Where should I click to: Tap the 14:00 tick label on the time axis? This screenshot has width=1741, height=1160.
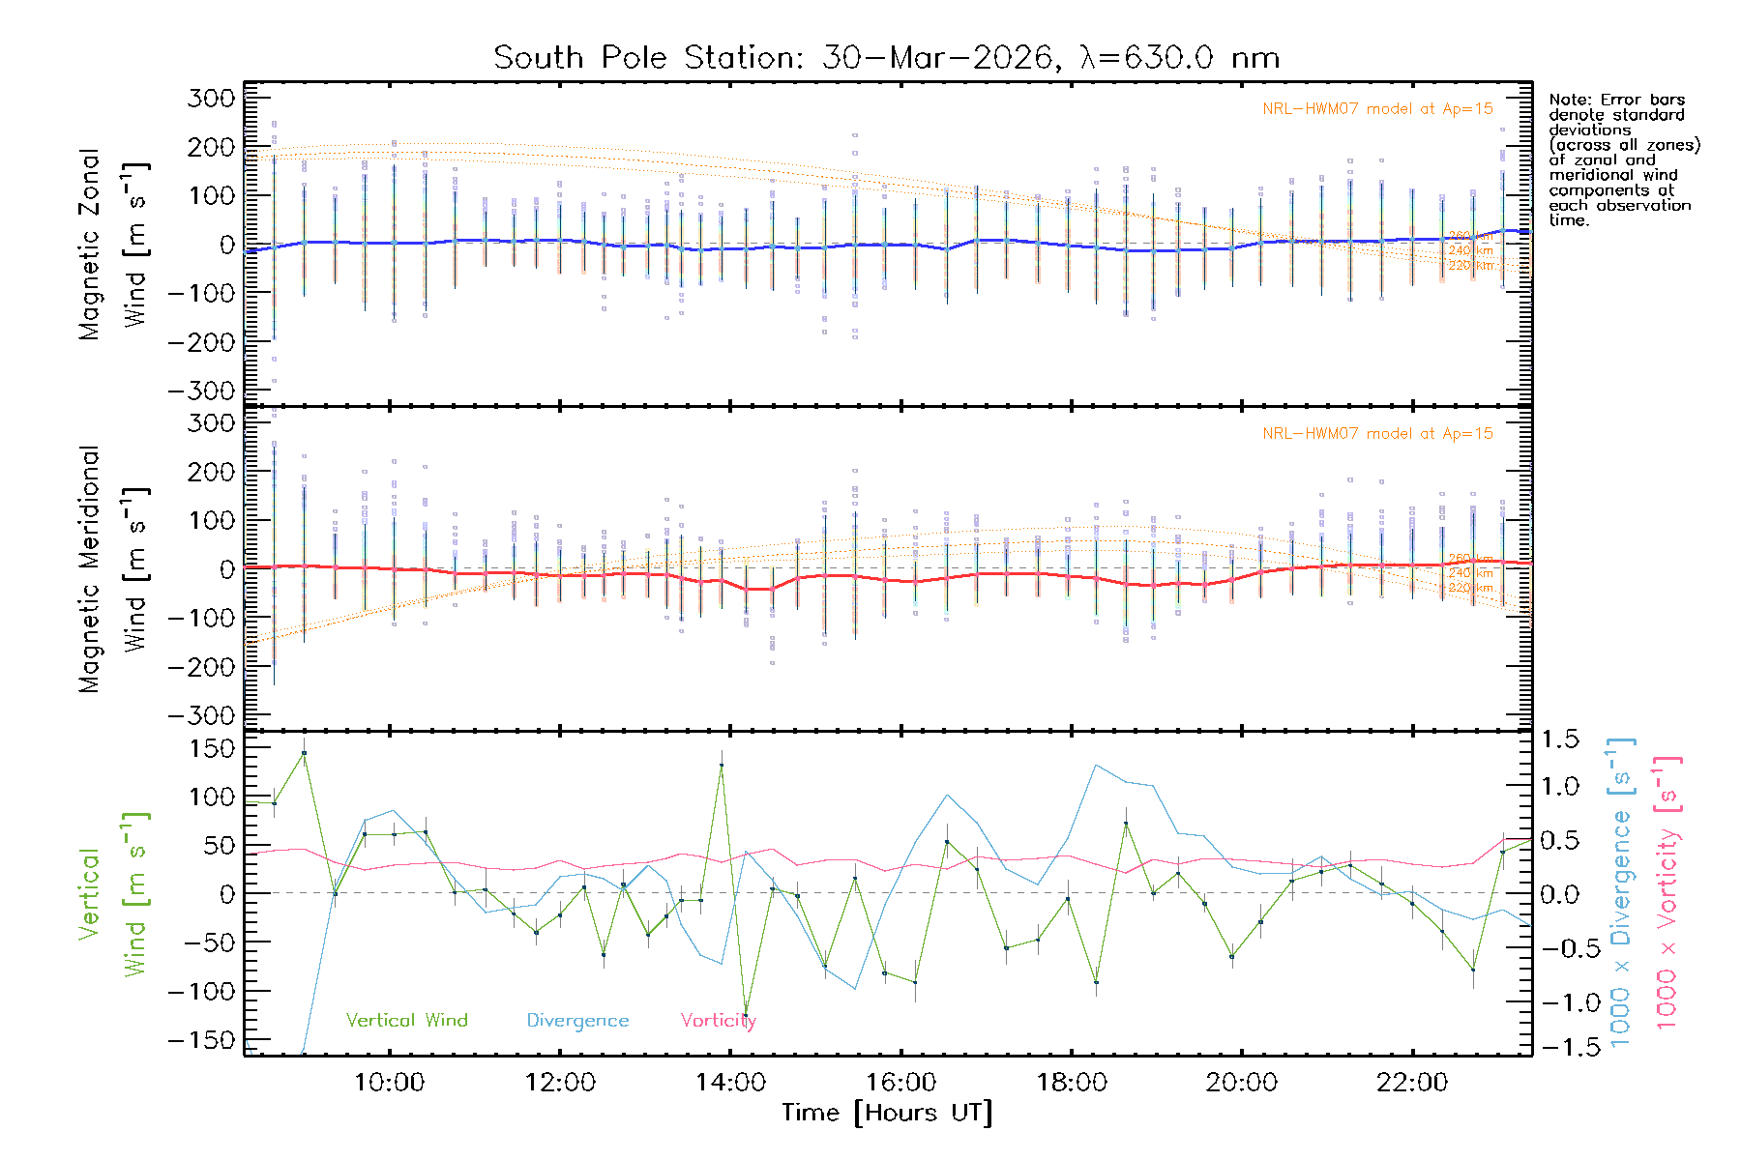point(730,1083)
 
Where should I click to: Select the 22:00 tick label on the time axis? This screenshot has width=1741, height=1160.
point(1412,1083)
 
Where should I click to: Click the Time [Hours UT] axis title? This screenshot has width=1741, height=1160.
point(886,1113)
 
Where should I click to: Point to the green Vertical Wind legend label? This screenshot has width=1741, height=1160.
point(406,1021)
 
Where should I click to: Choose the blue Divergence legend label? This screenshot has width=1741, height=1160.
point(577,1021)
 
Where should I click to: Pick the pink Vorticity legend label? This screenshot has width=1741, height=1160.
point(718,1021)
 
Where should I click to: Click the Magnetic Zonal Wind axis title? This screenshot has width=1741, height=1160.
point(114,245)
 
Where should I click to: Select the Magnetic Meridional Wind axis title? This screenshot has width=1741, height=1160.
point(114,569)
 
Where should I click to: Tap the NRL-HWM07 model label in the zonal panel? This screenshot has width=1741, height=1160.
point(1377,109)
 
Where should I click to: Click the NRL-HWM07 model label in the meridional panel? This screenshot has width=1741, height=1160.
point(1377,434)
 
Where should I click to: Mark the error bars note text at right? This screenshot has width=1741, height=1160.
point(1623,159)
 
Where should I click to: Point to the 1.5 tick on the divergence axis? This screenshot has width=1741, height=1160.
point(1559,739)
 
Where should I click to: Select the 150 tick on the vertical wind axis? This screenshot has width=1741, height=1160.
point(212,748)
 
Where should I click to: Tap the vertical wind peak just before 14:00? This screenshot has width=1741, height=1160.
point(722,765)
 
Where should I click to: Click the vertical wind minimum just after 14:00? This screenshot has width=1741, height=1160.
point(746,1014)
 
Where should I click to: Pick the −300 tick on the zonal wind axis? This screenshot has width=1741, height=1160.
point(201,391)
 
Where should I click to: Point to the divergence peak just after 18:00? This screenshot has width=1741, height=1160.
point(1096,766)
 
